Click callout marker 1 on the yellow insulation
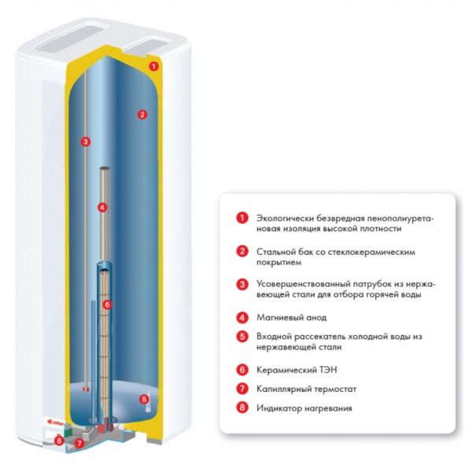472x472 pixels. click(x=153, y=66)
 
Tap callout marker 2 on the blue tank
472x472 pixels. click(x=142, y=114)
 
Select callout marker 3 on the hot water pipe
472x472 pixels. click(x=86, y=142)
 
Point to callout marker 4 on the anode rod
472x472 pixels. click(x=102, y=207)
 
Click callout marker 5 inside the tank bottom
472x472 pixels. click(x=144, y=399)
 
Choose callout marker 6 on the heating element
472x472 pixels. click(x=107, y=304)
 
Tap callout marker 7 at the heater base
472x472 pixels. click(x=79, y=443)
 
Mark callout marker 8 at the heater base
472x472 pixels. click(x=59, y=441)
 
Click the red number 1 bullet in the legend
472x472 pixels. click(x=242, y=218)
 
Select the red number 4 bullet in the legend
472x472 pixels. click(x=242, y=318)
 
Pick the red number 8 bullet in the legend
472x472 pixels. click(x=242, y=407)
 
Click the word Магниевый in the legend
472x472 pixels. click(x=275, y=318)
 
